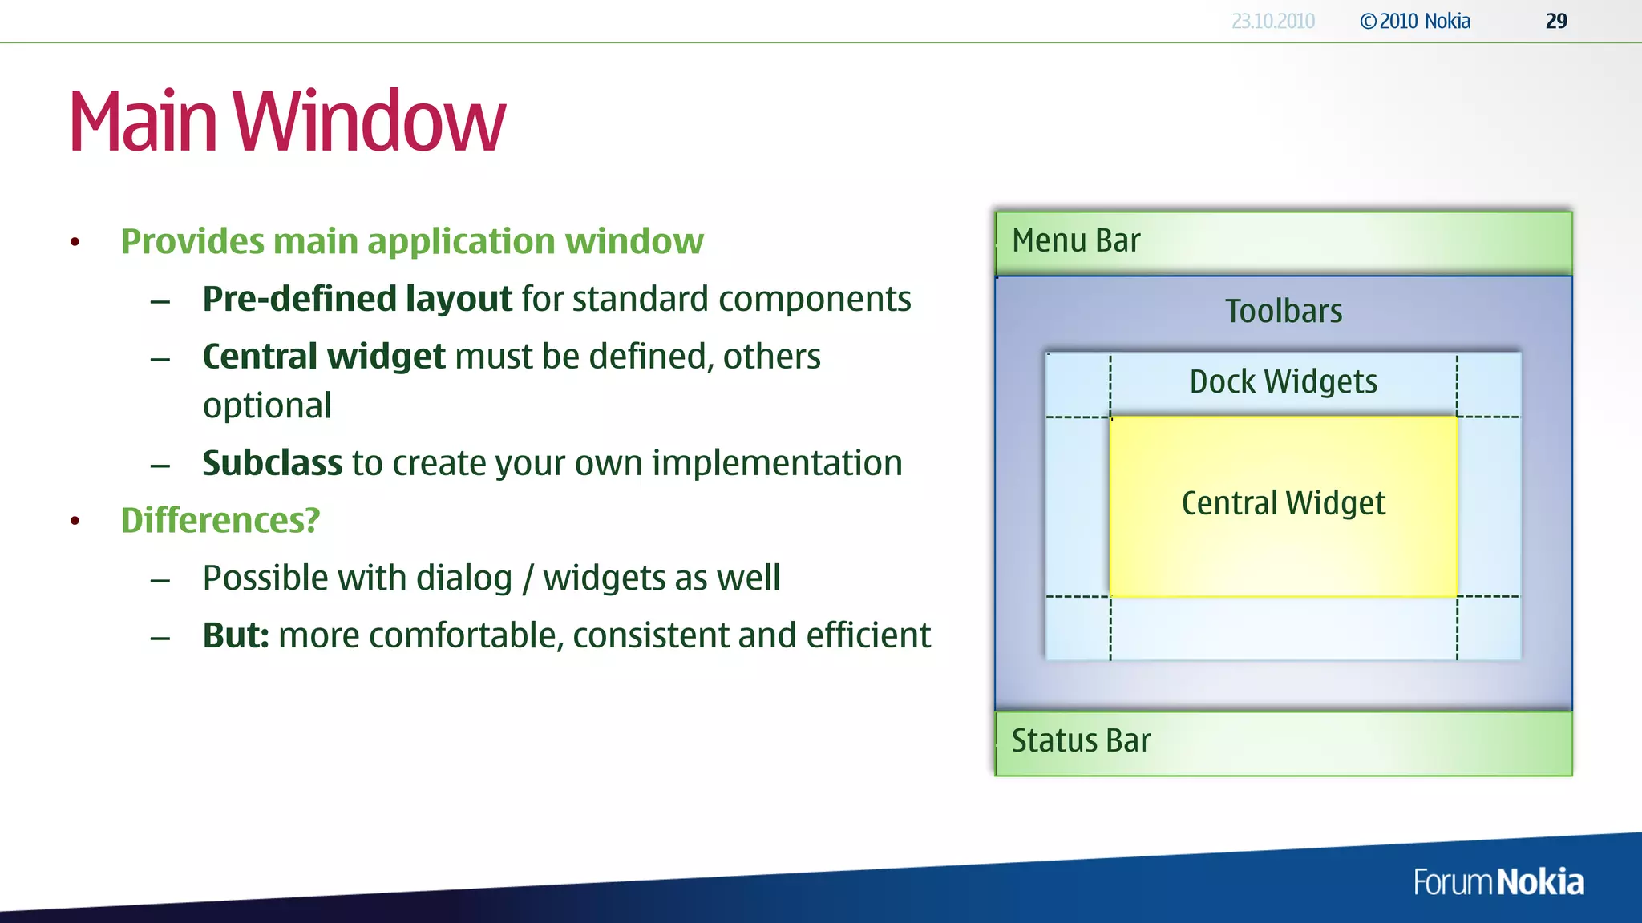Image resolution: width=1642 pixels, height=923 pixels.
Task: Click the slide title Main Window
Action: click(x=287, y=121)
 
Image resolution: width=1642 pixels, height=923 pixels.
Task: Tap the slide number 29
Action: click(x=1555, y=22)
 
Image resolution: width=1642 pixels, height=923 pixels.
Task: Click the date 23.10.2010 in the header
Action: click(x=1272, y=22)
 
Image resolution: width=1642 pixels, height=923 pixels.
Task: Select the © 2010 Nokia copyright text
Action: click(x=1415, y=22)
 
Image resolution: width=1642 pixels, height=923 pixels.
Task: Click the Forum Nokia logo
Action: click(x=1498, y=882)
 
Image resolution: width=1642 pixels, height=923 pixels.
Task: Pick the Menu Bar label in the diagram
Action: click(x=1076, y=240)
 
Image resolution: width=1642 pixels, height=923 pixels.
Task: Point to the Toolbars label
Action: click(x=1284, y=311)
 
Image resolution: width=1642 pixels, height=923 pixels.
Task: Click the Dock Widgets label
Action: click(x=1283, y=382)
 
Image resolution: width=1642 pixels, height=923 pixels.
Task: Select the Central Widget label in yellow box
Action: click(x=1283, y=503)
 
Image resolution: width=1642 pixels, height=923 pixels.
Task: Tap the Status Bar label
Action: click(x=1081, y=740)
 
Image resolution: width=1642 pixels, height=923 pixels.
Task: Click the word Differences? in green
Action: click(x=220, y=521)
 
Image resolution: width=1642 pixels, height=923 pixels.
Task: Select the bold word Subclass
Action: click(x=272, y=463)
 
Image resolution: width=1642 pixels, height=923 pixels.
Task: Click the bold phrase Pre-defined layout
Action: click(x=357, y=299)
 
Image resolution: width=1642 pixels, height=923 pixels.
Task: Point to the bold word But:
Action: click(x=236, y=635)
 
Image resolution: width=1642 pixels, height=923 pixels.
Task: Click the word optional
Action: click(x=267, y=406)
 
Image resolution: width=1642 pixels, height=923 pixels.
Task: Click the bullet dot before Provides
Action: click(x=75, y=242)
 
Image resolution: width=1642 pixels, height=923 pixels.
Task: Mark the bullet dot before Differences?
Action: click(x=75, y=522)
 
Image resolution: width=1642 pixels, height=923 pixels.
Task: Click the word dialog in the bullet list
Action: click(x=464, y=578)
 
